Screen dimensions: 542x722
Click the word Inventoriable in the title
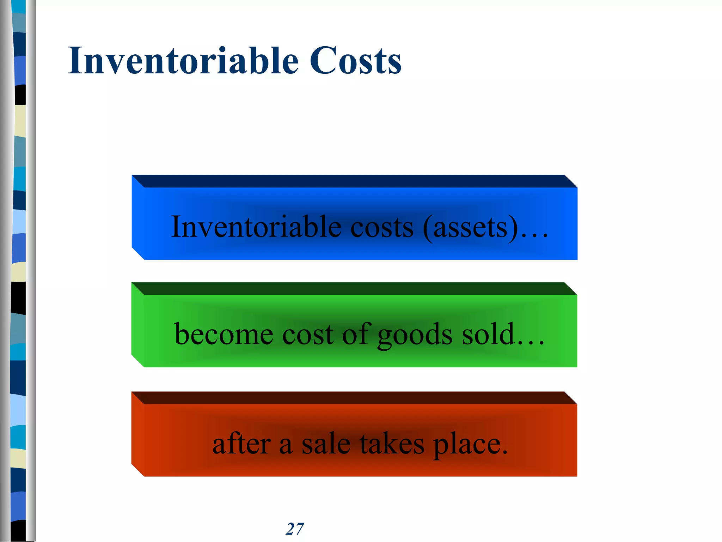click(183, 61)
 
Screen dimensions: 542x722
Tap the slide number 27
click(295, 529)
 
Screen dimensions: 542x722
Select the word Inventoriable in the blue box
click(256, 227)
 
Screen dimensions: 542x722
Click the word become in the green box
click(224, 334)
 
